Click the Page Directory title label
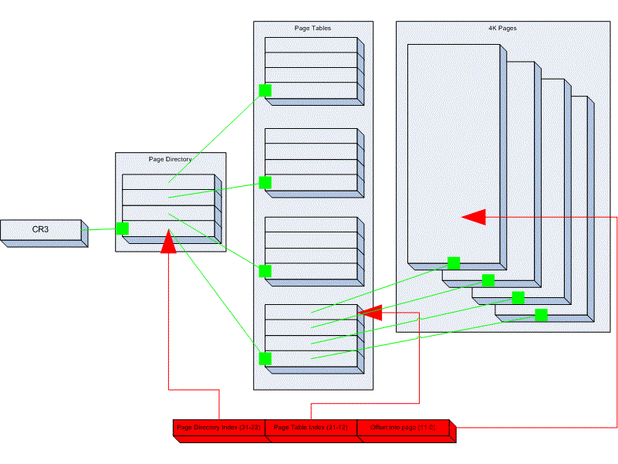tap(170, 159)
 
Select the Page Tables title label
tap(312, 28)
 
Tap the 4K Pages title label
tap(502, 28)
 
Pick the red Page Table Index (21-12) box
tap(310, 428)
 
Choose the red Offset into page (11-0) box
tap(403, 428)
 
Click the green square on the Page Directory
tap(122, 228)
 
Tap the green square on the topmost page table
tap(265, 90)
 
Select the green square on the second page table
tap(265, 182)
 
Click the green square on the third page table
tap(265, 271)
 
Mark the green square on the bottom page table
tap(265, 358)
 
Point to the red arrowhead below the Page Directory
tap(167, 243)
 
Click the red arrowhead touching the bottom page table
tap(371, 313)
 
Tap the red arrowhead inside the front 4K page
tap(474, 217)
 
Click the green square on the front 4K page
tap(454, 263)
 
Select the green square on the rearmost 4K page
tap(541, 315)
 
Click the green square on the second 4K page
tap(488, 280)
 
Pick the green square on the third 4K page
tap(518, 298)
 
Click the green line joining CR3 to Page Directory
tap(101, 229)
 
